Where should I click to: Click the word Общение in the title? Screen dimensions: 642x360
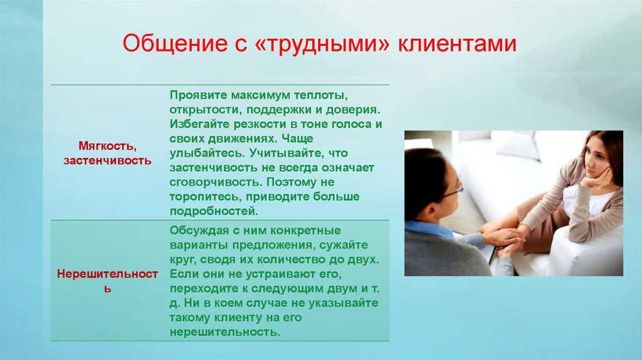tap(174, 43)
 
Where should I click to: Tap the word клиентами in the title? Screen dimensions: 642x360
tap(457, 43)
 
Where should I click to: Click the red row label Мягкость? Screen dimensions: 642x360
tap(107, 146)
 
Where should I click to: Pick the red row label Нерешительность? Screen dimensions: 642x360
tap(107, 281)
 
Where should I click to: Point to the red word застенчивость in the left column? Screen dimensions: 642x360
tap(107, 160)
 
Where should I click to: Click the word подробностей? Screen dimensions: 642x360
tap(214, 211)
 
